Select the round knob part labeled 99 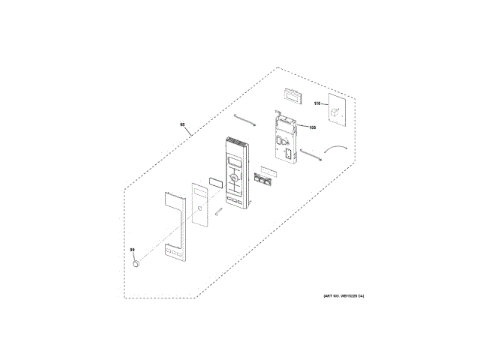pyautogui.click(x=135, y=263)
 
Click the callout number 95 pyautogui.click(x=182, y=125)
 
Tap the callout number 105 pyautogui.click(x=312, y=127)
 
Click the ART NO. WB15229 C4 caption pyautogui.click(x=344, y=296)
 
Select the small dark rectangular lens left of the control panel pyautogui.click(x=215, y=181)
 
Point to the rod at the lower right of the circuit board pyautogui.click(x=310, y=155)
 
